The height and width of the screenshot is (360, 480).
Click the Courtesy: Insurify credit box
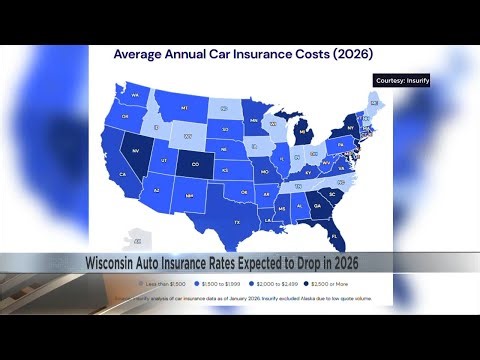tap(401, 80)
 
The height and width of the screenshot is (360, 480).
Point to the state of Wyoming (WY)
tap(184, 134)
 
